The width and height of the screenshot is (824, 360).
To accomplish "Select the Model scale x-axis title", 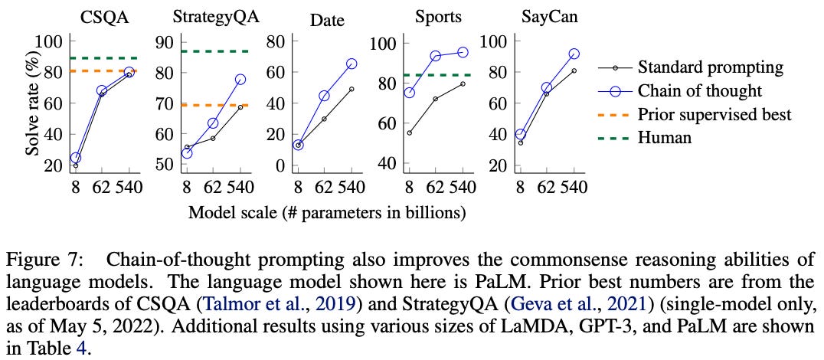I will point(327,212).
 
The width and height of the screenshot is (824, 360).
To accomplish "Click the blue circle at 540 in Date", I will point(351,64).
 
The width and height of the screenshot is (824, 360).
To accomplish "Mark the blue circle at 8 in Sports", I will point(410,93).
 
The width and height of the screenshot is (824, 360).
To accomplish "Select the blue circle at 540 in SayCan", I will point(574,54).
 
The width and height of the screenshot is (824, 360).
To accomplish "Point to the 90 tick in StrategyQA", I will point(163,43).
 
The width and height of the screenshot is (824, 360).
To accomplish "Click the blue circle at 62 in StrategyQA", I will point(213,123).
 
